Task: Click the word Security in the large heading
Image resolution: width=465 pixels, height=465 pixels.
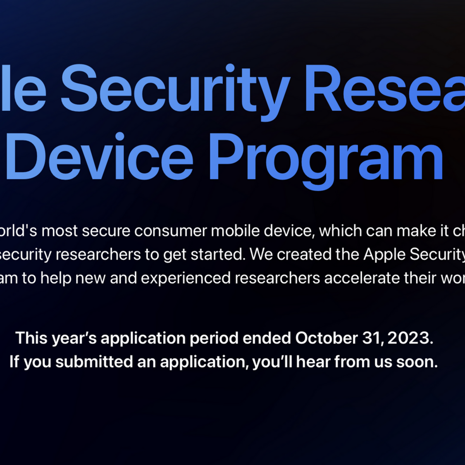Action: [175, 88]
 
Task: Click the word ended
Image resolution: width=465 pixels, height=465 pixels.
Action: [267, 338]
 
